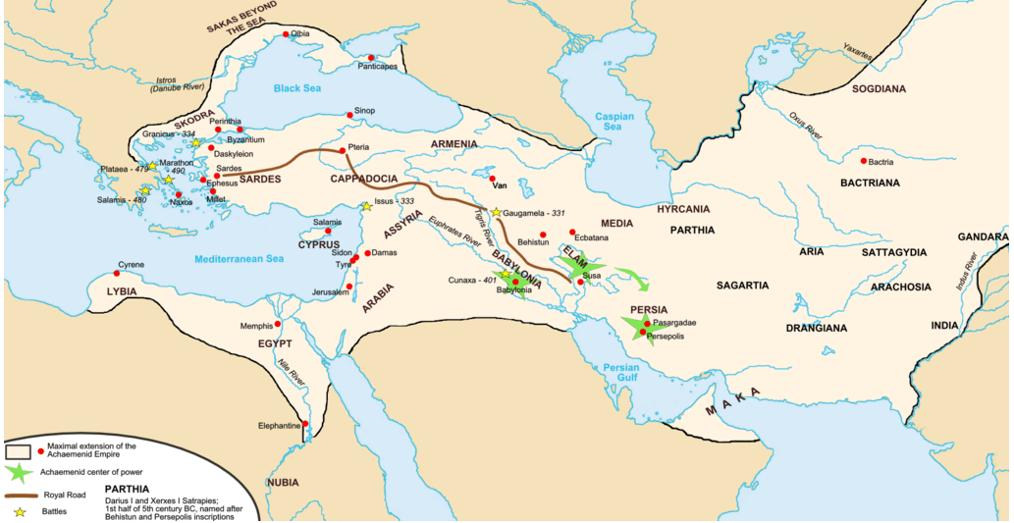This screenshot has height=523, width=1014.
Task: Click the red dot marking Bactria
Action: [x=864, y=161]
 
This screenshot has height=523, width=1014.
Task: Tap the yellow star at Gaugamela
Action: [x=497, y=212]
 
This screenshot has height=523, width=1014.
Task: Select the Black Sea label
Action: [x=296, y=88]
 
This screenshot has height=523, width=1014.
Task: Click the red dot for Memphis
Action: [x=278, y=323]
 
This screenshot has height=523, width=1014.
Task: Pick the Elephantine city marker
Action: [x=305, y=424]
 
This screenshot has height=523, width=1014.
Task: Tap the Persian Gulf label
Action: [x=620, y=373]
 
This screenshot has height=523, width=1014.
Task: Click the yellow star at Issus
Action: [x=366, y=206]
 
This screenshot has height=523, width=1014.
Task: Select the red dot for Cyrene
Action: [x=117, y=274]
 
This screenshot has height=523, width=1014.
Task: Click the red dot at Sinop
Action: [x=349, y=115]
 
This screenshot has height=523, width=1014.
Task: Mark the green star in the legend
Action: [x=18, y=472]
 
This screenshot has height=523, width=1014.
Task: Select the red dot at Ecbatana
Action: [x=572, y=232]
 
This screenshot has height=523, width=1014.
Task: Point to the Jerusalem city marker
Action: [x=349, y=287]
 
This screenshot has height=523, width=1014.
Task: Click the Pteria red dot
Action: [x=341, y=151]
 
